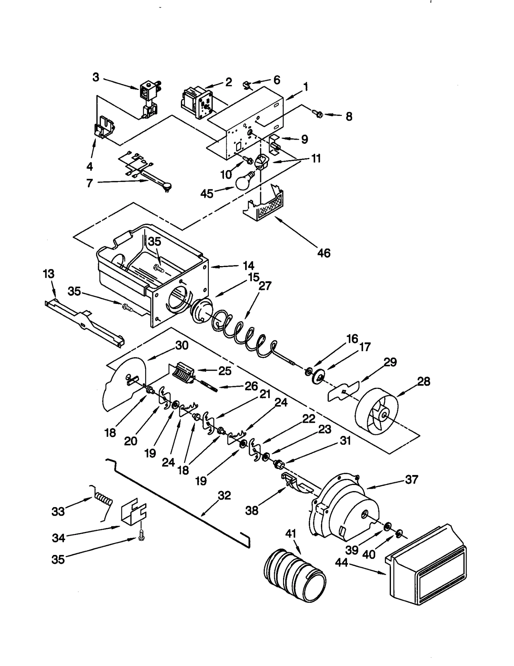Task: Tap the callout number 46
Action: pyautogui.click(x=323, y=253)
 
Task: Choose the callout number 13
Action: pyautogui.click(x=49, y=274)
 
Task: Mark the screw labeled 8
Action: pyautogui.click(x=318, y=113)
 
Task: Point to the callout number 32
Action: pyautogui.click(x=224, y=495)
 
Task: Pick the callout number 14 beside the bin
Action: pyautogui.click(x=248, y=265)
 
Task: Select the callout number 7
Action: pyautogui.click(x=89, y=183)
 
